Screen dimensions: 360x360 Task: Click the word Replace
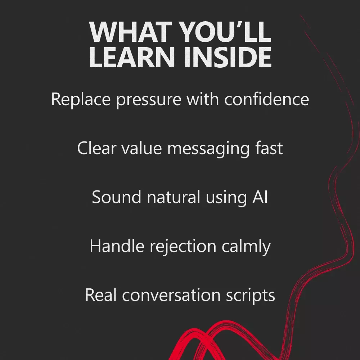coord(81,100)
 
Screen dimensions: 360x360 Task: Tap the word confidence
coord(266,99)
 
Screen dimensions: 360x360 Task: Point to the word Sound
coord(116,197)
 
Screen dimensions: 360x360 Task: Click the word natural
coord(174,197)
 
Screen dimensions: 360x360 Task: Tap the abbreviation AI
coord(260,197)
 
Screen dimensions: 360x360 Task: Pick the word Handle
coord(117,246)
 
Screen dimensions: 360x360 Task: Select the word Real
coord(101,295)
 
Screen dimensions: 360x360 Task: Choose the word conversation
coord(171,295)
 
